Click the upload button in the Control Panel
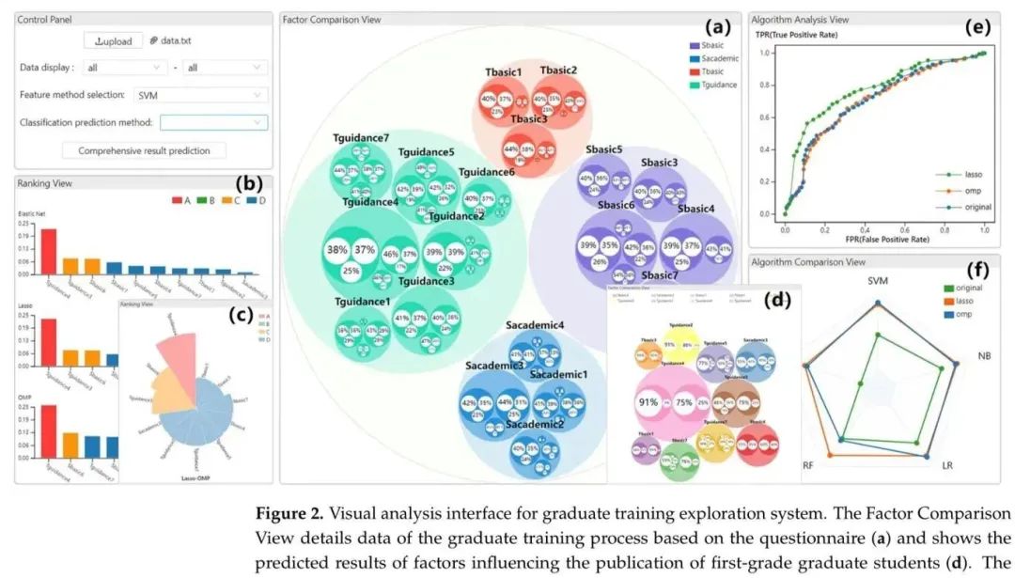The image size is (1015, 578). click(113, 40)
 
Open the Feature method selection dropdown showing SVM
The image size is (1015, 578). click(201, 95)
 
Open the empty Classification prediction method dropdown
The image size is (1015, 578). click(213, 122)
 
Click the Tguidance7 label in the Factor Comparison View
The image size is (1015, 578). click(360, 139)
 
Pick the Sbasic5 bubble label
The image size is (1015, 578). click(603, 149)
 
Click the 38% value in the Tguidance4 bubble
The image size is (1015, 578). click(336, 250)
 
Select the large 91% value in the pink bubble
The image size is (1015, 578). click(648, 401)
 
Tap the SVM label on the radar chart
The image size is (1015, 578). click(877, 281)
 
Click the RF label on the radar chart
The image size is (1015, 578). click(807, 465)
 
